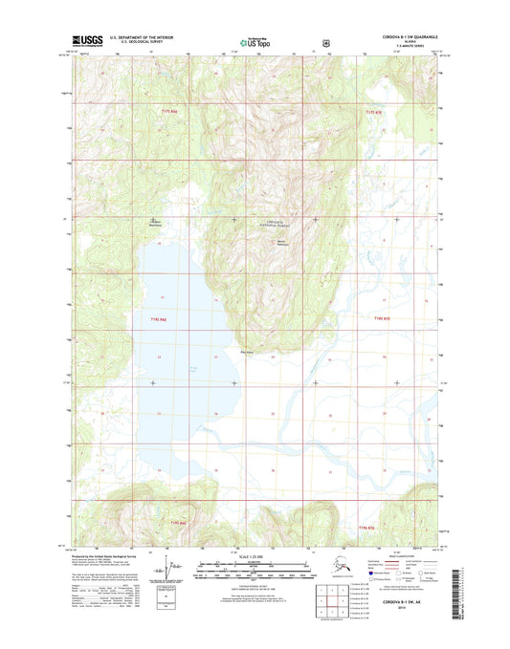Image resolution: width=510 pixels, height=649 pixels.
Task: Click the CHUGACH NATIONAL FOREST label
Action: [275, 224]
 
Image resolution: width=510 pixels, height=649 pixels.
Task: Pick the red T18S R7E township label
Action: [383, 318]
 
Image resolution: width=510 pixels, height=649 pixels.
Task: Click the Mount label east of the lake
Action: [282, 241]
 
